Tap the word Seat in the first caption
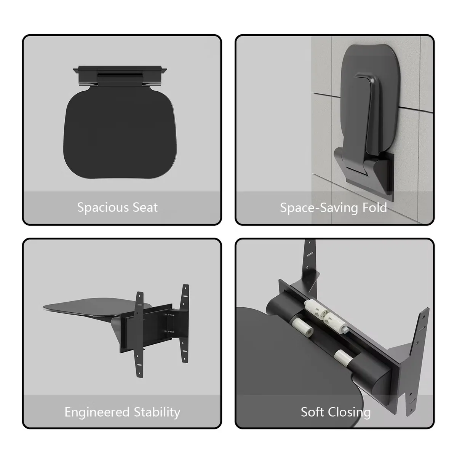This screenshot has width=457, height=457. coord(145,208)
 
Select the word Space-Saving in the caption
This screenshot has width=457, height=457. coord(319,208)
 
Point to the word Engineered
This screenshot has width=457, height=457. coord(97,412)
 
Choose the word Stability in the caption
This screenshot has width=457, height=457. coord(157,412)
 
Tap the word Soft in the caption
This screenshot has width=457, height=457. coord(312,412)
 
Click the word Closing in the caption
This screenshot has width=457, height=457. coord(349,413)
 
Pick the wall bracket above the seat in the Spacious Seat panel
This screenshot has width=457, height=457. coord(120,75)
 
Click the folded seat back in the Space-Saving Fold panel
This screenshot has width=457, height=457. coord(370,100)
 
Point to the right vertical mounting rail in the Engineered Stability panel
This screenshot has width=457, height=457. coord(185,323)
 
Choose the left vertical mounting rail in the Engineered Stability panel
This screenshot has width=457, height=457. coord(139,334)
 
